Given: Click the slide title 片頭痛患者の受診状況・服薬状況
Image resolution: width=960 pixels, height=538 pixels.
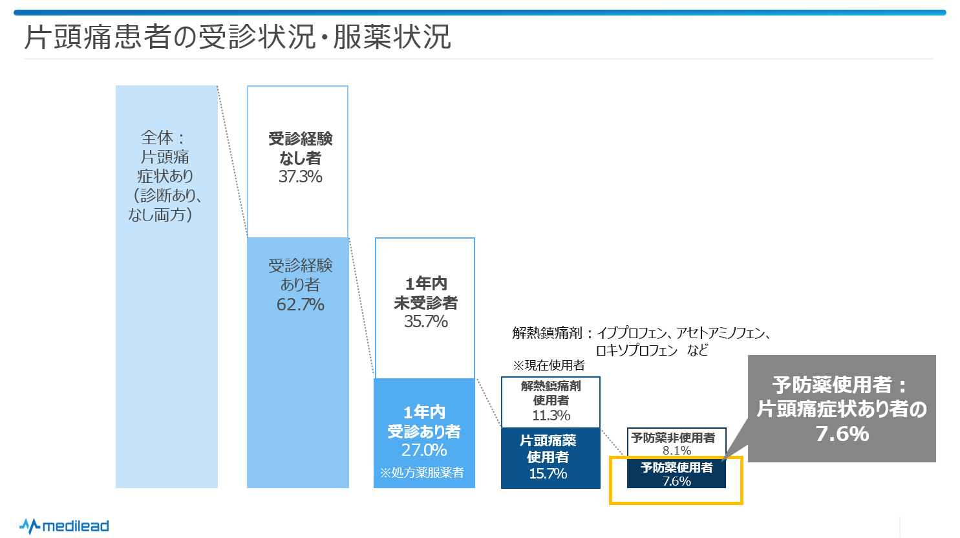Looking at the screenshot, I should tap(237, 37).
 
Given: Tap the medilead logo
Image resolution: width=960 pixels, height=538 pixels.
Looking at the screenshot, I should tap(64, 526).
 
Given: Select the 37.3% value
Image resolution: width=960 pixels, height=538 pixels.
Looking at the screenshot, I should tap(300, 177).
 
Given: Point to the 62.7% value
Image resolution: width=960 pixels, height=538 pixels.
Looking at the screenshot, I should tap(300, 305).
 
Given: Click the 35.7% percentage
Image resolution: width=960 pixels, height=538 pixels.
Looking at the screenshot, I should tap(425, 321).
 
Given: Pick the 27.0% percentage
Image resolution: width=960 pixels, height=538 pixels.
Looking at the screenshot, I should tap(424, 450).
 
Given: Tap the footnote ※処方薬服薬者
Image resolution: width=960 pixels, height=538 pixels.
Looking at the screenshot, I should tap(421, 473).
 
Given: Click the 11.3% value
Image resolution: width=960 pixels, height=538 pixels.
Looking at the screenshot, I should tap(551, 415).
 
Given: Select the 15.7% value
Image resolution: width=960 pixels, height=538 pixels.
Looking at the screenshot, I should tap(548, 473).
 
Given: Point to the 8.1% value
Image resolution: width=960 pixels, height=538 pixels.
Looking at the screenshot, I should tap(677, 450).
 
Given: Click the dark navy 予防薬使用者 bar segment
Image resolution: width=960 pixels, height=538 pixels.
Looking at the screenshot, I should tap(676, 473).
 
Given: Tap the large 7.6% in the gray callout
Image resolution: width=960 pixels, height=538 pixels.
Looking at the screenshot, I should tap(842, 433).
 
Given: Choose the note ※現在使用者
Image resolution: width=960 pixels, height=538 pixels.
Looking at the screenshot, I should tap(549, 365).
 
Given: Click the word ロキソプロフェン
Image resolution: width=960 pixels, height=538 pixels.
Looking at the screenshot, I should tap(637, 350).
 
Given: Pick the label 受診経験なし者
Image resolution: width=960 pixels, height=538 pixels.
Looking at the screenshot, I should tap(300, 148).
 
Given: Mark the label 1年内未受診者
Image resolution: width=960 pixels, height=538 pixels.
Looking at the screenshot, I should tap(425, 293).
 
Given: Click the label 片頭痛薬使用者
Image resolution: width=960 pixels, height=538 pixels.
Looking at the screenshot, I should tap(548, 449).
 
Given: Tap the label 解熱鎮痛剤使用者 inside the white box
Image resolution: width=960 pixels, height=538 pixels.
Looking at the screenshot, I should tap(551, 393).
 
